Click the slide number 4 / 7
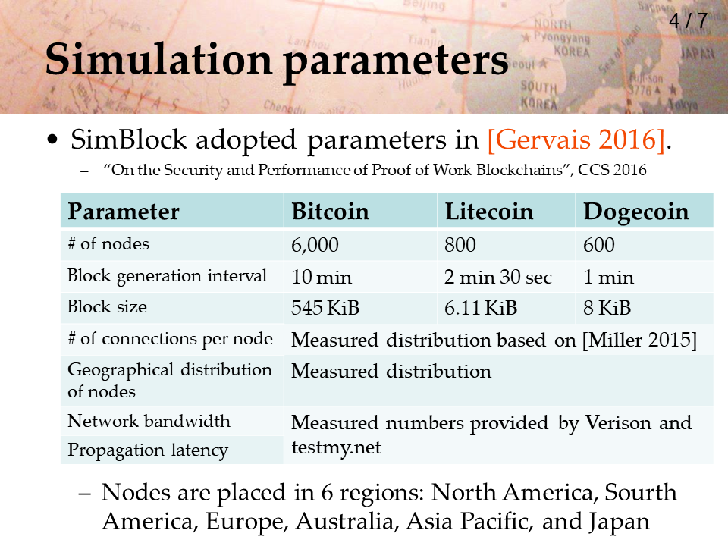[688, 20]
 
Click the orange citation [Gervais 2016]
[576, 140]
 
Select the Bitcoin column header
[330, 212]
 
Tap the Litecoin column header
[489, 212]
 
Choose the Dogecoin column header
[636, 212]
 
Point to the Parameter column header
[124, 212]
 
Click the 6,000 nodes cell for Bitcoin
[315, 245]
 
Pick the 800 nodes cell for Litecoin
[460, 245]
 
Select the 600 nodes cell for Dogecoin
[599, 245]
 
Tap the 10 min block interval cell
[322, 278]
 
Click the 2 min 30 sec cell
[498, 278]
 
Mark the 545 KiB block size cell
[325, 308]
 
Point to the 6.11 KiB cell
[481, 308]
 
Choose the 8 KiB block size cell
[607, 308]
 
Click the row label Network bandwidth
[149, 421]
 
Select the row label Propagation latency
[148, 450]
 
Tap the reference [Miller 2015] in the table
[640, 340]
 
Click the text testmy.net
[336, 447]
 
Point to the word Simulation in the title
[158, 59]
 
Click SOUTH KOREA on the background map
[538, 95]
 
